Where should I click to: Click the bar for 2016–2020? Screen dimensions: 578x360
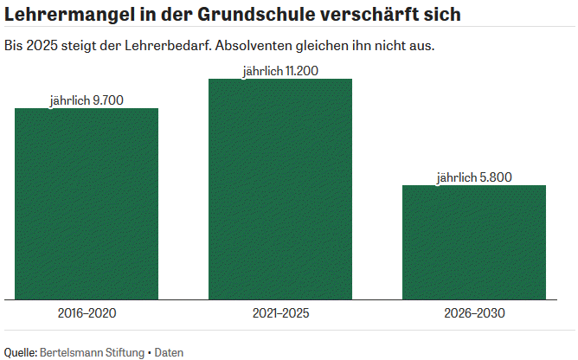coord(87,204)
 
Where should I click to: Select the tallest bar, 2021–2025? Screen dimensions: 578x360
coord(280,190)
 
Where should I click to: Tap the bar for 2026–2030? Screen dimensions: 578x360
coord(474,242)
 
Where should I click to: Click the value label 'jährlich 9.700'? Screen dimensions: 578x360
coord(87,100)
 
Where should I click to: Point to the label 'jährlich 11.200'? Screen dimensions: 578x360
coord(280,71)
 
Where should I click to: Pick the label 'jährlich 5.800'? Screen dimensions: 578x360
coord(474,177)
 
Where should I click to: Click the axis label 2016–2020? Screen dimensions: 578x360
coord(87,313)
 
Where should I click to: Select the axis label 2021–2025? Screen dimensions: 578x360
coord(280,313)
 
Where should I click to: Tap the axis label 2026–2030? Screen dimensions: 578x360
coord(474,313)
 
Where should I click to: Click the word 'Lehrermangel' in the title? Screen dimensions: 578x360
coord(69,15)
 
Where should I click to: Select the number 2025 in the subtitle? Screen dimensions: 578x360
coord(42,46)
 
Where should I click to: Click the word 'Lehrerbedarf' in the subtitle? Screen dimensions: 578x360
coord(168,46)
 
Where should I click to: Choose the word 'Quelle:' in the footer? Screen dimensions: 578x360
coord(21,352)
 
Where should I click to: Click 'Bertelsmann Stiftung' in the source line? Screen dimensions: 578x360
coord(93,352)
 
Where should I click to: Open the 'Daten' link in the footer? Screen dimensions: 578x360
coord(169,352)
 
